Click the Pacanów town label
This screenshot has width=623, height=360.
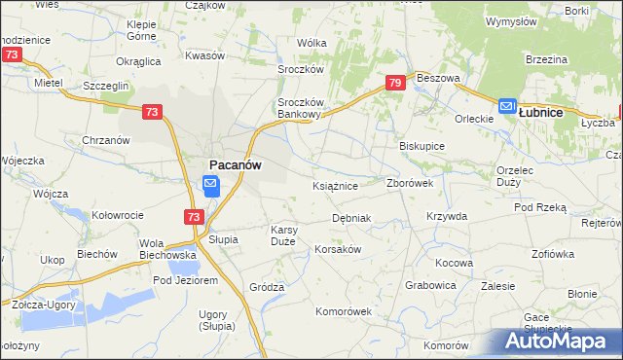pos(235,165)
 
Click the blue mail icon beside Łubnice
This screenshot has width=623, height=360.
pos(507,107)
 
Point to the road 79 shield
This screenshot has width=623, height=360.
pos(394,84)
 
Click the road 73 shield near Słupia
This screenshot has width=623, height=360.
pos(193,217)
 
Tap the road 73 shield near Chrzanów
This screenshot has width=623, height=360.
pos(151,114)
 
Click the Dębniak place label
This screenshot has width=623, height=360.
pos(351,218)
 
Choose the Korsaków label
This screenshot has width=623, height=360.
pos(338,249)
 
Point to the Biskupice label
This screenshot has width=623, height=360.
pos(421,146)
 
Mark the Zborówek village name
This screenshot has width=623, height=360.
pos(416,183)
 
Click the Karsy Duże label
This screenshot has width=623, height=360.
pos(289,236)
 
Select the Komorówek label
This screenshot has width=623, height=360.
pos(344,311)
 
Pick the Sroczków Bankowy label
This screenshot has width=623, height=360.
pos(299,107)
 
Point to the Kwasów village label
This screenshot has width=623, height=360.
pos(203,55)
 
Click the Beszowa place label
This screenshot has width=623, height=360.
pos(437,77)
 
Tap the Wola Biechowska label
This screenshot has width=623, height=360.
pos(168,249)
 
